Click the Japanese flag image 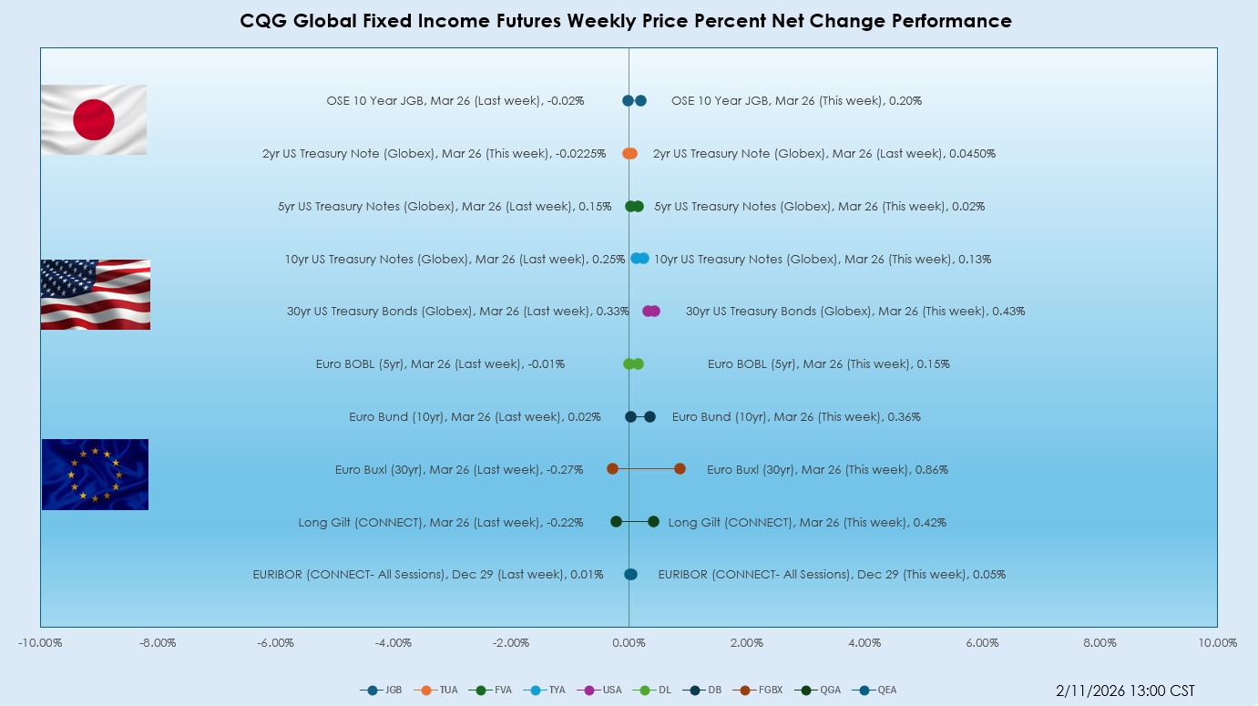coord(94,119)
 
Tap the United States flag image coord(96,294)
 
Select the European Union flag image coord(95,474)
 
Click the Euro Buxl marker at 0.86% coord(680,468)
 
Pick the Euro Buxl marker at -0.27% coord(612,468)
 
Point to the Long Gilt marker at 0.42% coord(653,521)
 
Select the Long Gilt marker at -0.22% coord(616,521)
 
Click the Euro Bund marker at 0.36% coord(649,416)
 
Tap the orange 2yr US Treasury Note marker coord(629,153)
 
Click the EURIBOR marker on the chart coord(630,574)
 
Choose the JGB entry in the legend coord(382,690)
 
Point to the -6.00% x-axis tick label coord(275,643)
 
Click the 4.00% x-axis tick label coord(864,643)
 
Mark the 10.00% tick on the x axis coord(1217,643)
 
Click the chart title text coord(626,21)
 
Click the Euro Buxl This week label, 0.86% coord(827,470)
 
